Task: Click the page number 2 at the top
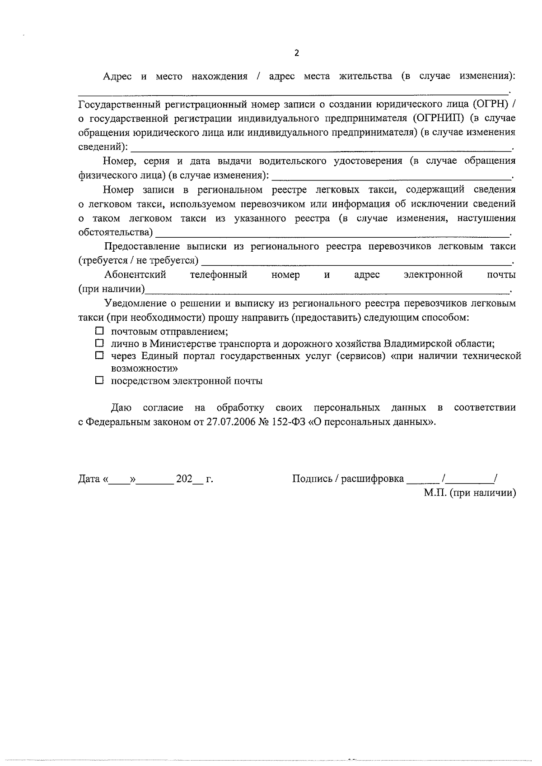tap(296, 53)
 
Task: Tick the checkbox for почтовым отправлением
tap(99, 331)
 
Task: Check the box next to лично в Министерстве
tap(99, 343)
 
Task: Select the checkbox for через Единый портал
tap(99, 356)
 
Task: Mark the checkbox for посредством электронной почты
tap(99, 380)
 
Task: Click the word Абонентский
tap(135, 275)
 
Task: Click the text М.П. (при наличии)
tap(470, 493)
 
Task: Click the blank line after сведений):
tap(321, 148)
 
